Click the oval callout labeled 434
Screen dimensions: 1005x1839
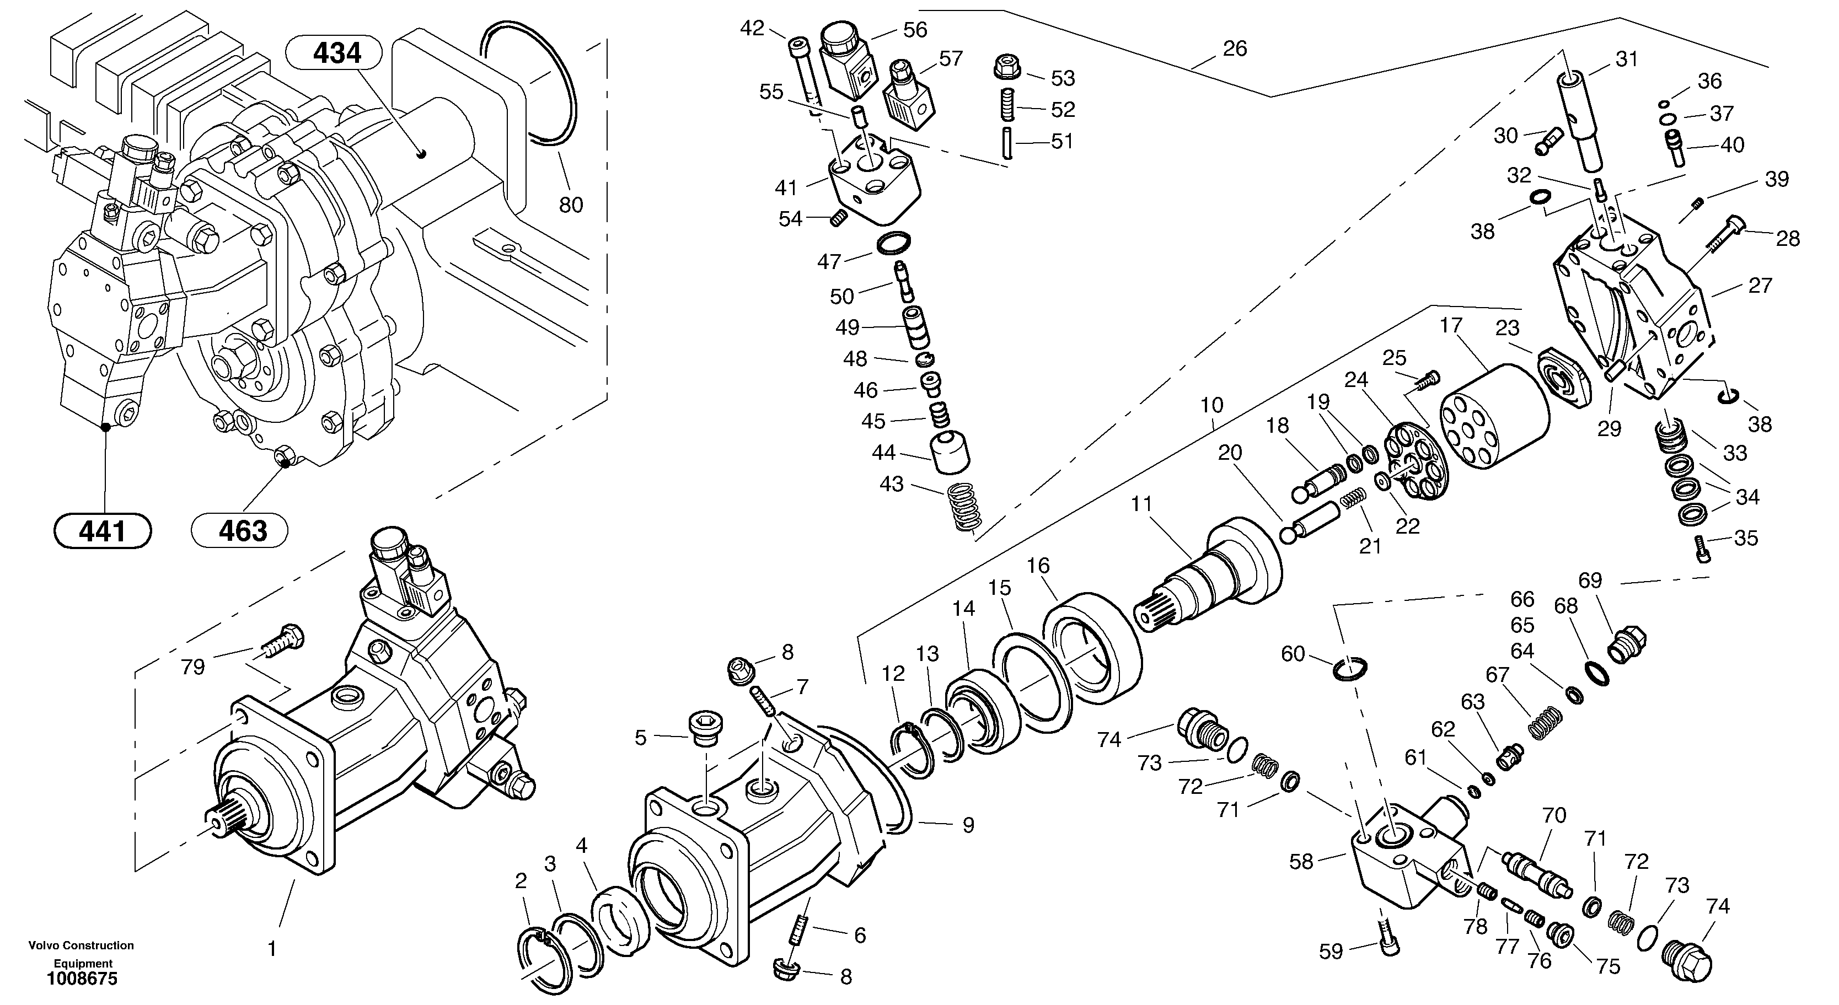pos(334,53)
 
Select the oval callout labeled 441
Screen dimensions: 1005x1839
pos(103,530)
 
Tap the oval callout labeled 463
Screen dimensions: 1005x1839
pos(240,530)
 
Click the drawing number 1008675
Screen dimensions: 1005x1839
pos(82,979)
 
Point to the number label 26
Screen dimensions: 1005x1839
pos(1234,49)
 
